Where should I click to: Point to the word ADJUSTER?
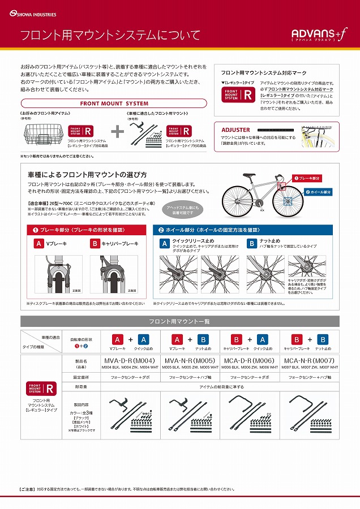(235, 130)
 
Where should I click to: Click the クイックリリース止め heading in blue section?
(194, 241)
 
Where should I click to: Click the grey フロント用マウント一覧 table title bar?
(179, 321)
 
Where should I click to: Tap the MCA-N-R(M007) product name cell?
(310, 360)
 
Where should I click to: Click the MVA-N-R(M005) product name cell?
(189, 360)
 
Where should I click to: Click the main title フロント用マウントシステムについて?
(110, 35)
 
